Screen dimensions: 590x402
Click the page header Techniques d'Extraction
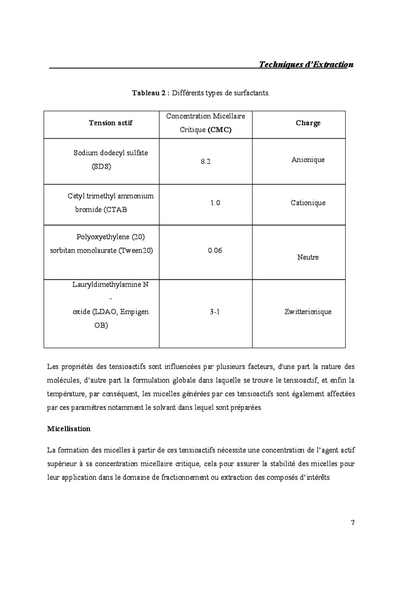[306, 64]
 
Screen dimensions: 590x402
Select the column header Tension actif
[110, 123]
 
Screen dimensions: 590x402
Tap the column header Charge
[308, 123]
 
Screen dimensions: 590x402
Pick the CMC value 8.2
[206, 162]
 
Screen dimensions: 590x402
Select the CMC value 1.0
[215, 203]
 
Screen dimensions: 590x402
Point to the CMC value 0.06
[214, 251]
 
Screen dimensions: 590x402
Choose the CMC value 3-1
[215, 312]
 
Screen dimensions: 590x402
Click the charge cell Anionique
[308, 159]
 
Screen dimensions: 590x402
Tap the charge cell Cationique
[308, 203]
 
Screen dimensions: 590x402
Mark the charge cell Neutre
[308, 257]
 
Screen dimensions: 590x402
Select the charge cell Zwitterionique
[308, 312]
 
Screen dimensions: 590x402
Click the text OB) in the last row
[101, 325]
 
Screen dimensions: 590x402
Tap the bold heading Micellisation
[68, 429]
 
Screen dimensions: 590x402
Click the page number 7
[353, 522]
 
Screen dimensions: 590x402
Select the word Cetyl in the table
[76, 196]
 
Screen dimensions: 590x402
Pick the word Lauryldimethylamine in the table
[106, 284]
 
